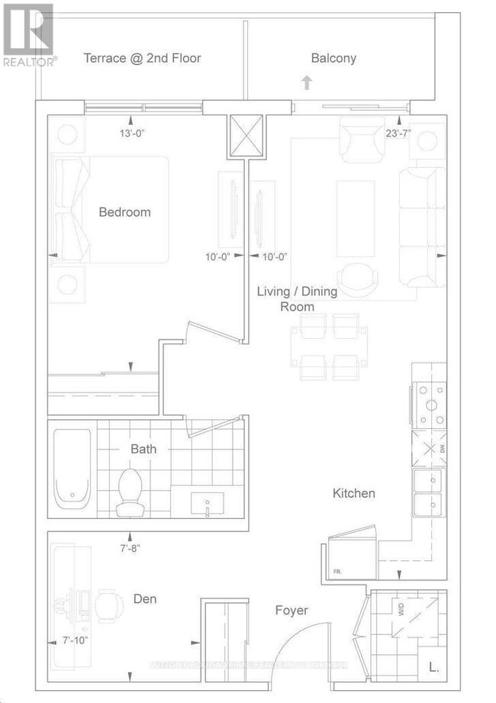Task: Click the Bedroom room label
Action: tap(124, 212)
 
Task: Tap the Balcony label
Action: tap(333, 58)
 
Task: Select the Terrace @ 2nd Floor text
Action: tap(143, 58)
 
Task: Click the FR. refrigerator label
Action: tap(337, 571)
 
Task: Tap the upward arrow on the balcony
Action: tap(307, 82)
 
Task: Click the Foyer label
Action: tap(291, 611)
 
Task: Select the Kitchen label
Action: tap(353, 493)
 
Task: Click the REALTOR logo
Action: tap(28, 34)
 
